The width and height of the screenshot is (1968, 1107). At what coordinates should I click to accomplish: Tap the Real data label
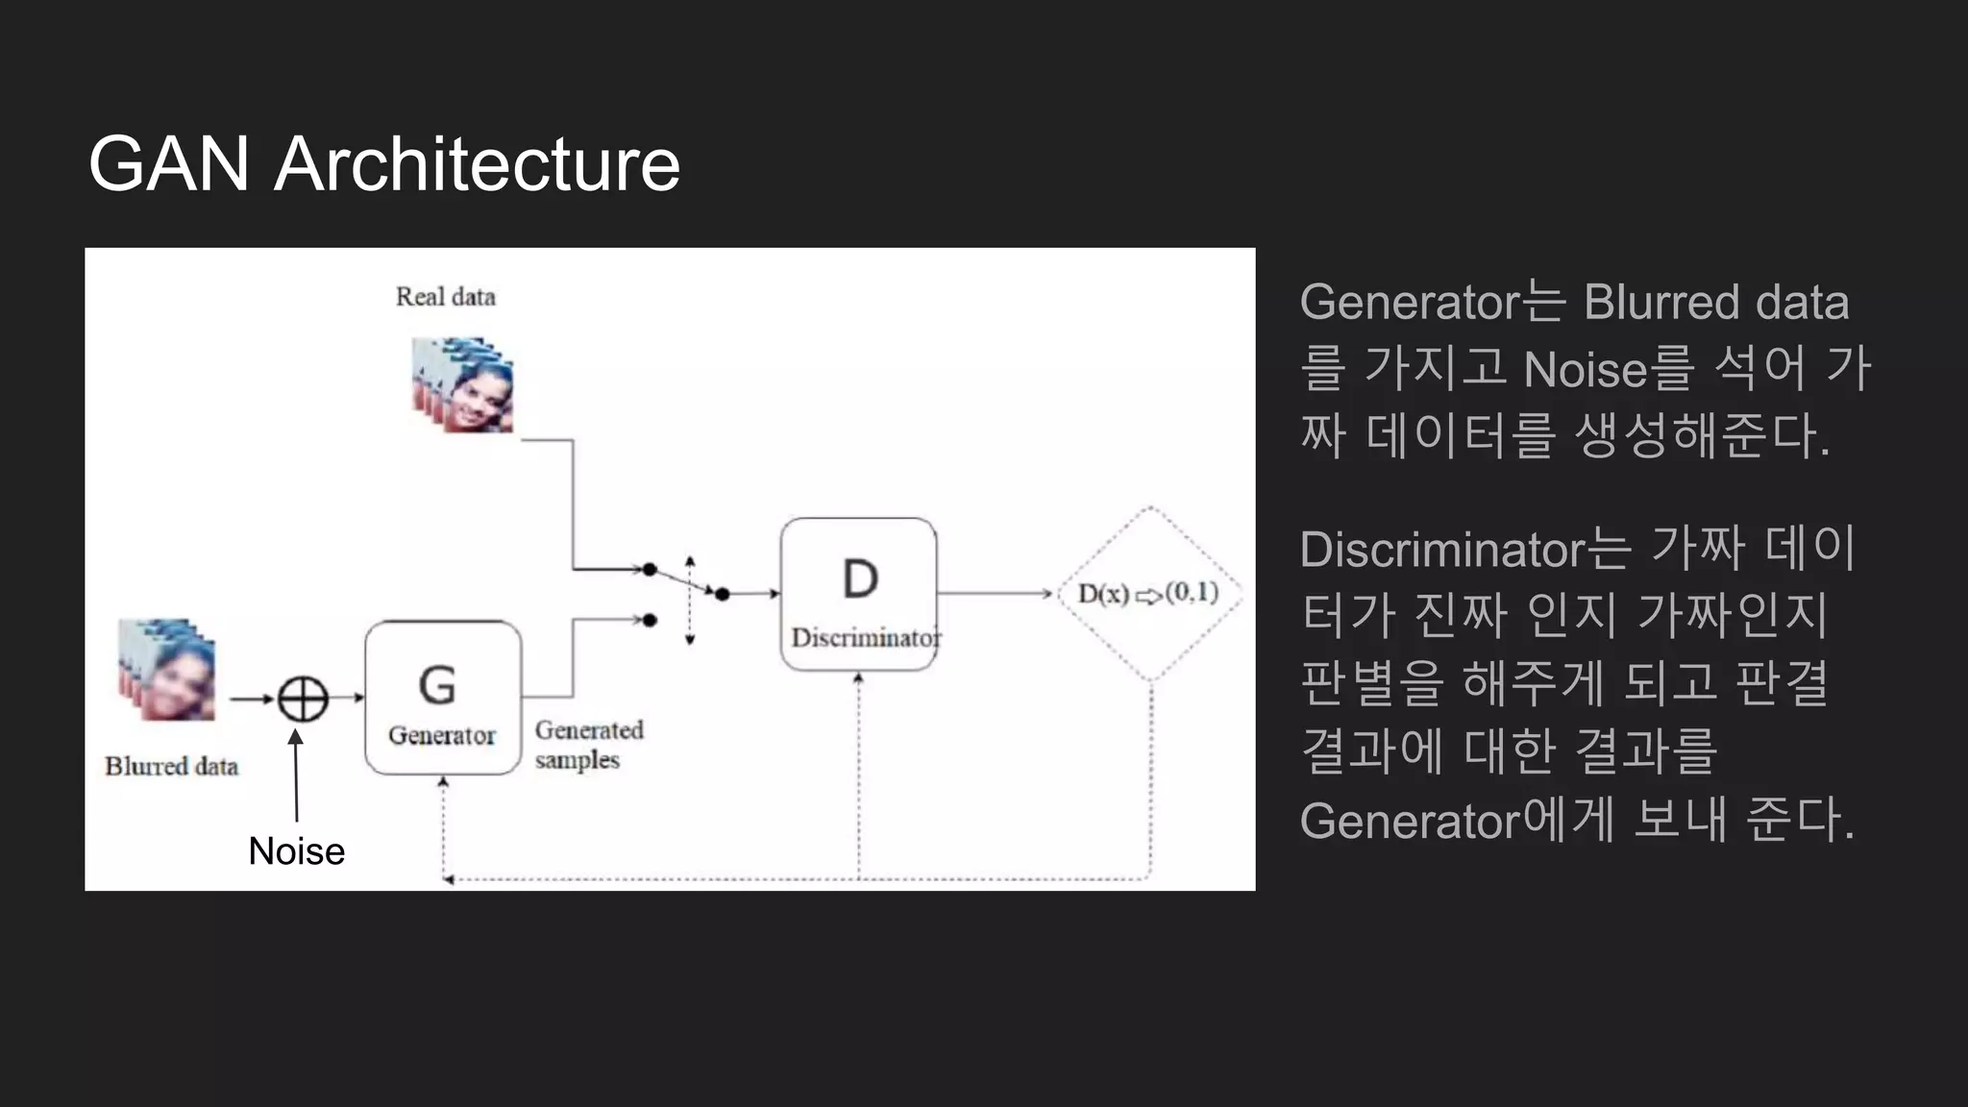tap(445, 297)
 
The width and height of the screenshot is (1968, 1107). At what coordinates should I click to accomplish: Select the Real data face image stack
tap(463, 384)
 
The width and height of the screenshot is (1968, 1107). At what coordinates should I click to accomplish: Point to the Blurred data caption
tap(171, 766)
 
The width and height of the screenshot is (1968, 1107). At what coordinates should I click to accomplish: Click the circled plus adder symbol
tap(303, 699)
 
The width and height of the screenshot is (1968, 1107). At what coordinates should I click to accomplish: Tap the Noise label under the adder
tap(296, 851)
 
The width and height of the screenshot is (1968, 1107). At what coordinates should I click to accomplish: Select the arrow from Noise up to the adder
tap(296, 775)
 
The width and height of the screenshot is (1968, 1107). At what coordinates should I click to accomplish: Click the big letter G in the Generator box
tap(437, 685)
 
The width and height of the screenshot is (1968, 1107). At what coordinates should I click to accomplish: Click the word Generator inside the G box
tap(442, 736)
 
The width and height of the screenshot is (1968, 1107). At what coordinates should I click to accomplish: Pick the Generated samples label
tap(588, 745)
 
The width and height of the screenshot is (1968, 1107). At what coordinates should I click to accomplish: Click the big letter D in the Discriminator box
tap(860, 579)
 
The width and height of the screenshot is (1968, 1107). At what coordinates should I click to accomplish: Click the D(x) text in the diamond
tap(1103, 594)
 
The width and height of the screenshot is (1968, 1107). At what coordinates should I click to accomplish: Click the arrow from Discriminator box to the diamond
tap(995, 594)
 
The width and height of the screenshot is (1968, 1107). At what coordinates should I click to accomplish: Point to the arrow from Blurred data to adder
tap(252, 699)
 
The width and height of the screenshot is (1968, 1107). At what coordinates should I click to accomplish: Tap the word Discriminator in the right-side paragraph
tap(1441, 550)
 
